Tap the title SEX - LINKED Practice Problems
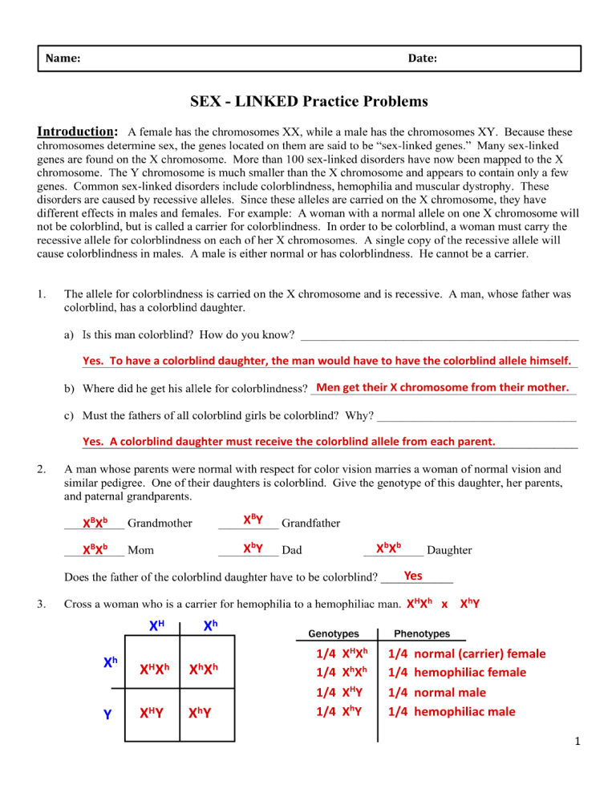click(309, 102)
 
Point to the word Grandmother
click(160, 524)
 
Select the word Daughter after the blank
click(449, 551)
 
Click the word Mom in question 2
click(141, 551)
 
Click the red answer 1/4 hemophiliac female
click(457, 672)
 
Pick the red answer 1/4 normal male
click(440, 692)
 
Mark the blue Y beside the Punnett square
click(107, 712)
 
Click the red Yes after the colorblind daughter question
click(414, 575)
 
